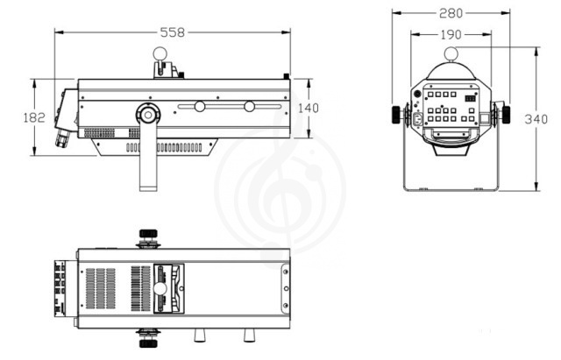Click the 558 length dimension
[x=173, y=32]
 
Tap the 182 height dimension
[x=34, y=117]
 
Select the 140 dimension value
[x=308, y=108]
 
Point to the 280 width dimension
[x=451, y=13]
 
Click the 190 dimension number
[x=451, y=35]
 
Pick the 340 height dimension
[x=536, y=119]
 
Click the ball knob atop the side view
[x=160, y=54]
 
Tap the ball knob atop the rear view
[x=451, y=54]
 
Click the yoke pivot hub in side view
[x=148, y=115]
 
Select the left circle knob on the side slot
[x=200, y=107]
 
